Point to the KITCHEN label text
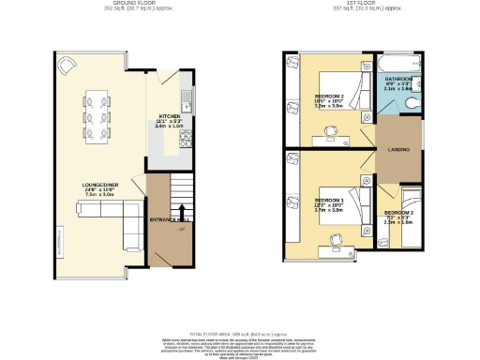click(172, 118)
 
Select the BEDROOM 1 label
click(328, 201)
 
